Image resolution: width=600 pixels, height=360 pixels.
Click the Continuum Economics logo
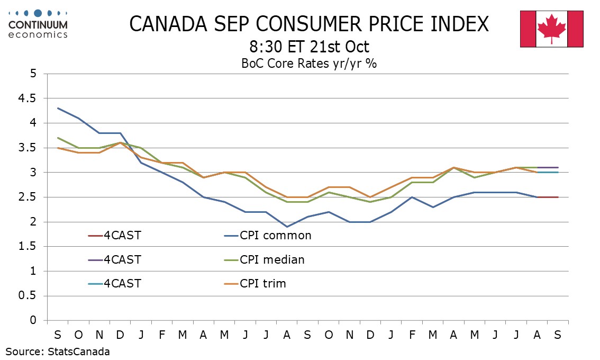tap(39, 23)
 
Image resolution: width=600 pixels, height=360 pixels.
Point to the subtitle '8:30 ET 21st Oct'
tap(310, 47)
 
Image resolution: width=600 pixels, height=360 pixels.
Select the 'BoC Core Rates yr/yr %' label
tap(309, 64)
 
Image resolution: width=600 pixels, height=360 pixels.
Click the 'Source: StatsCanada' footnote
tap(58, 351)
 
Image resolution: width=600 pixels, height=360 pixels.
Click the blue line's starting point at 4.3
tap(58, 108)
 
